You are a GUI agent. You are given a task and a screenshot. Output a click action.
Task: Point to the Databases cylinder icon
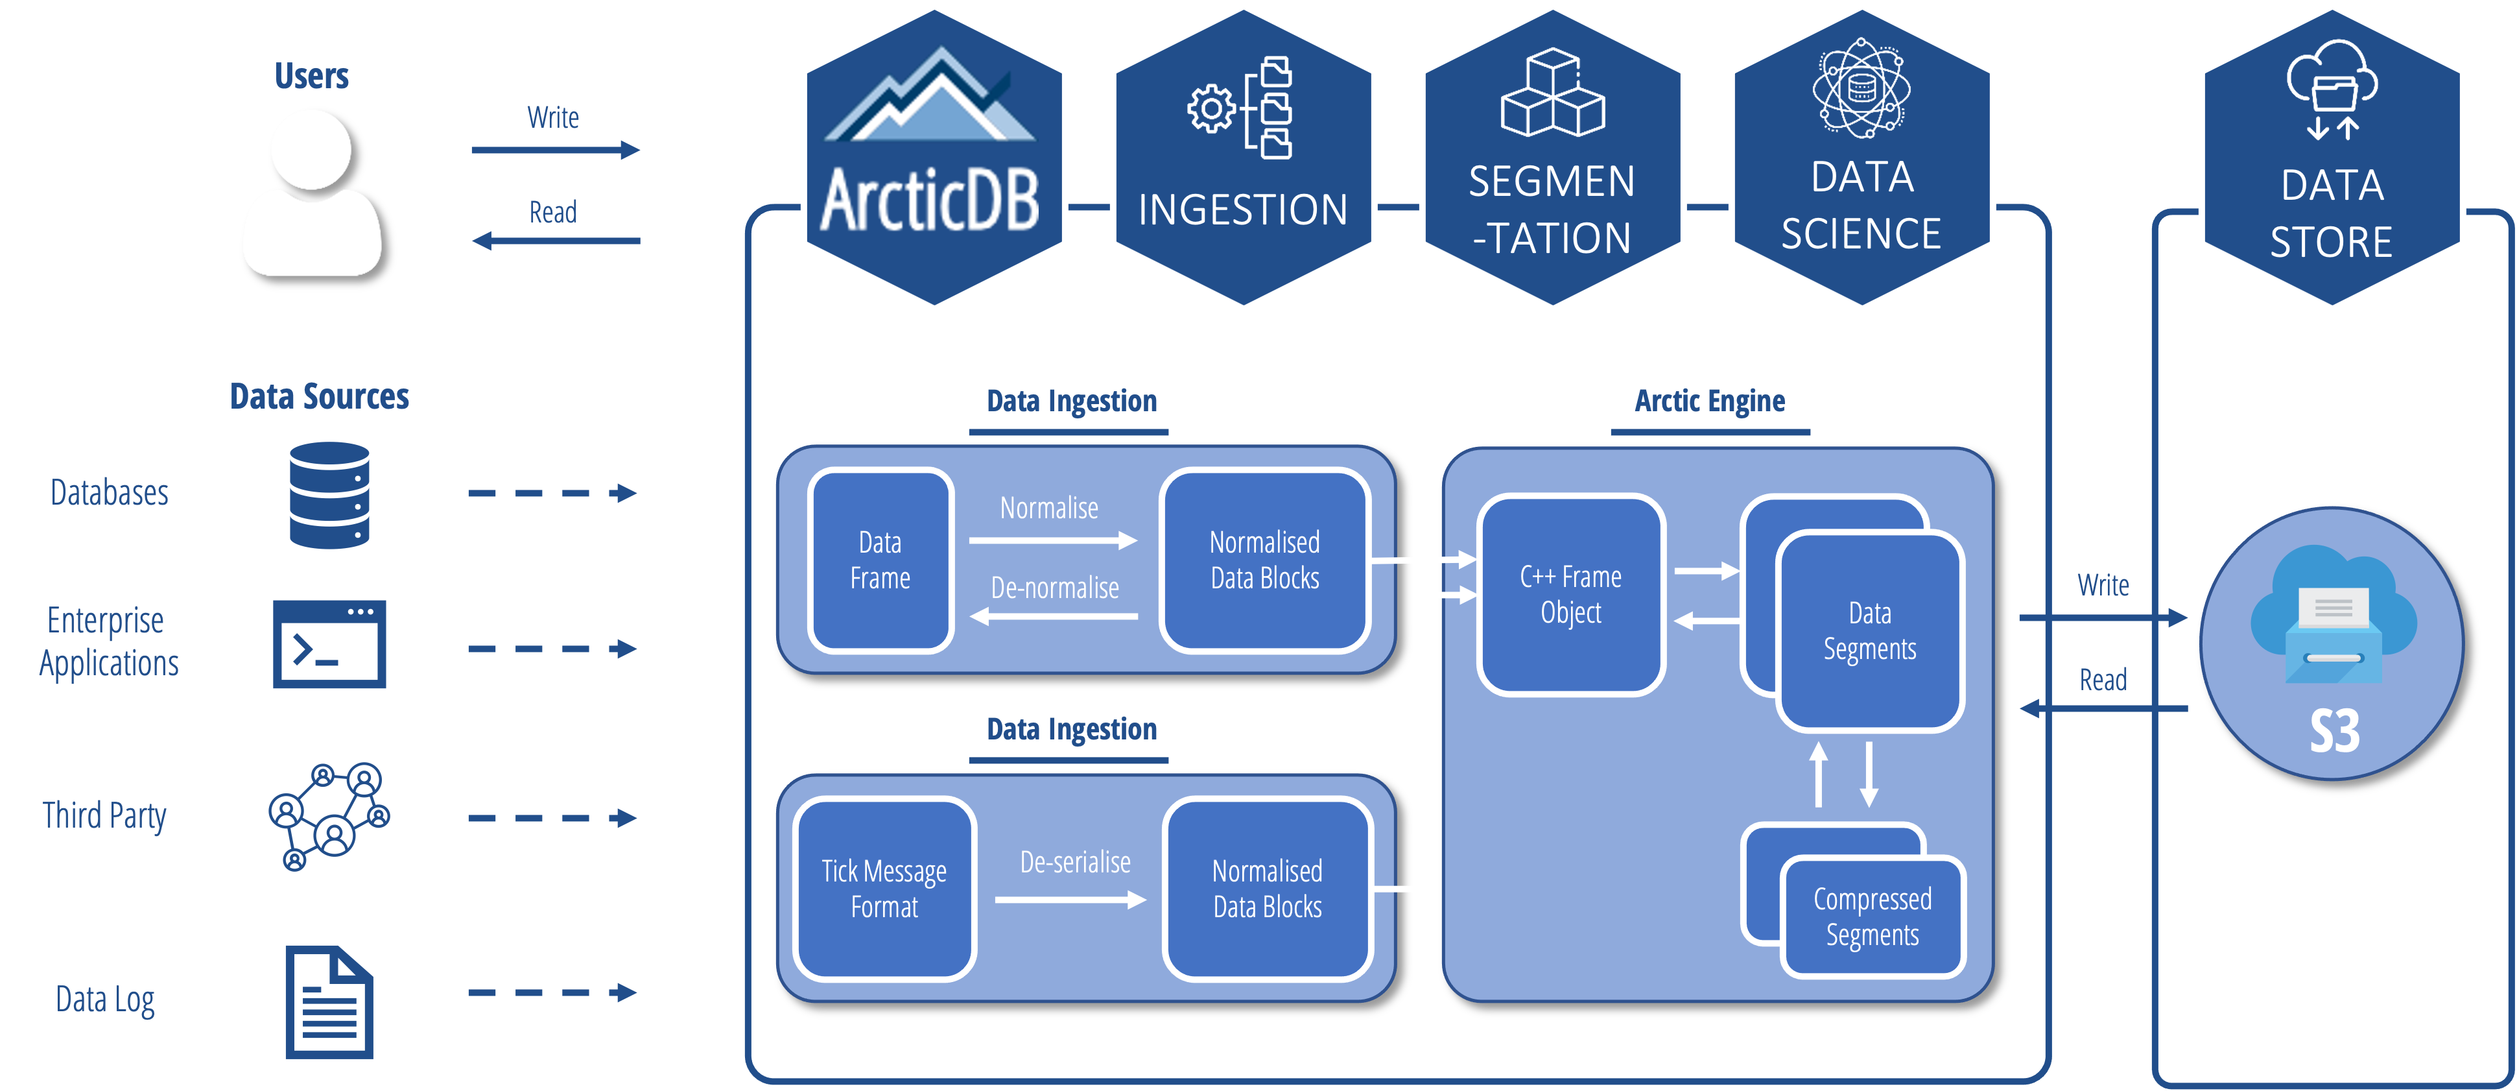pyautogui.click(x=329, y=495)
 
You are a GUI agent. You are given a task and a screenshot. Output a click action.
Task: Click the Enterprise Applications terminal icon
pyautogui.click(x=329, y=644)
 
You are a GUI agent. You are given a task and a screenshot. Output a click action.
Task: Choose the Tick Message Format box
pyautogui.click(x=884, y=889)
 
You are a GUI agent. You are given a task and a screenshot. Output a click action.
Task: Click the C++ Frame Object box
pyautogui.click(x=1570, y=594)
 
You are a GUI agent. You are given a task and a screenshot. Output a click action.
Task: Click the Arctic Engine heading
pyautogui.click(x=1709, y=401)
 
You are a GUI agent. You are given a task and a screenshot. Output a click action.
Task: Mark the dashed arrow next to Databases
pyautogui.click(x=552, y=494)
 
